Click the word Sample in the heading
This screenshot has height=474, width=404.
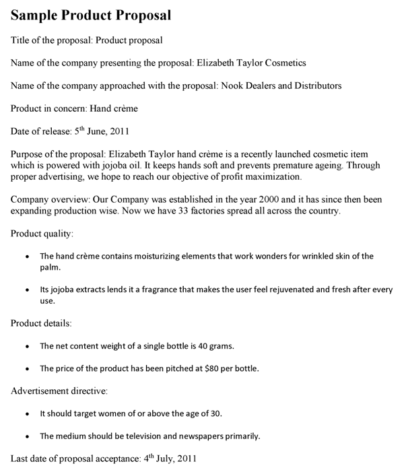point(36,14)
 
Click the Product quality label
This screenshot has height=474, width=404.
point(42,234)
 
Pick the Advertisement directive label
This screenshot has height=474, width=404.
point(59,391)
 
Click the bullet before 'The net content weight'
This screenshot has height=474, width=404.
point(26,347)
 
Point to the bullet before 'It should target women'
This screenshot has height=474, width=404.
point(26,413)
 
